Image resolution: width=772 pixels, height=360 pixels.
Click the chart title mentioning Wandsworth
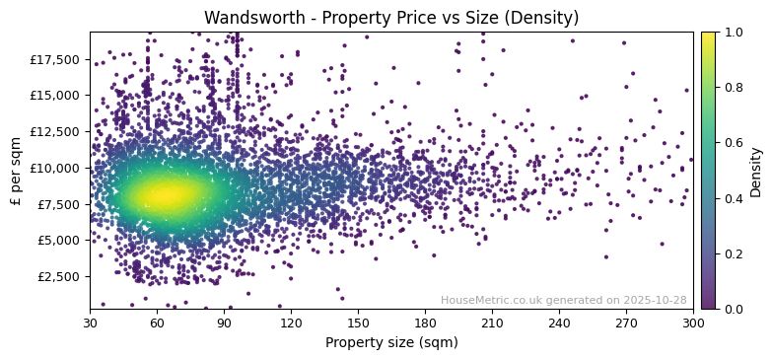(391, 18)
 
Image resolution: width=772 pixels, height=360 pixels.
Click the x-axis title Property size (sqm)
(391, 343)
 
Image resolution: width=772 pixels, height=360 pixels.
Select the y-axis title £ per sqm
(16, 170)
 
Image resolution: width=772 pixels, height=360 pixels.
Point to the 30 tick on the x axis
(90, 323)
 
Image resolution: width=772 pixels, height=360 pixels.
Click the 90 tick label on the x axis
(224, 323)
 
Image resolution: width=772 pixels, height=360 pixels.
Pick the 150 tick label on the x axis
(358, 323)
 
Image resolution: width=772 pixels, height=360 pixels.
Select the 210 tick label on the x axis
(492, 323)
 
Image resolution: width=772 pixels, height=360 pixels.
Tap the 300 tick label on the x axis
(693, 323)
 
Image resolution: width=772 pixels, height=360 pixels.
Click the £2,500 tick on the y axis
(57, 276)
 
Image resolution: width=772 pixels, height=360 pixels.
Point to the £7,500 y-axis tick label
(57, 204)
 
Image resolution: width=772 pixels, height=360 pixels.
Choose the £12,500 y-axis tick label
(53, 132)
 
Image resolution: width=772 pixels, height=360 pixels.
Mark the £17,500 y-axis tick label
(53, 59)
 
